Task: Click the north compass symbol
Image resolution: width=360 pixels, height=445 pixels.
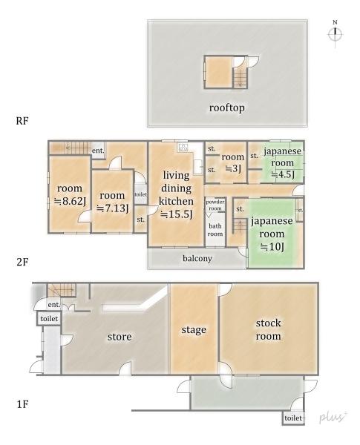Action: [x=336, y=35]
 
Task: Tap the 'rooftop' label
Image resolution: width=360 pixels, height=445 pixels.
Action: [x=226, y=108]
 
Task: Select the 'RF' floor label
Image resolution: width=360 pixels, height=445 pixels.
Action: [x=22, y=119]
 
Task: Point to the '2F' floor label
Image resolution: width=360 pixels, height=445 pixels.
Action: [x=21, y=261]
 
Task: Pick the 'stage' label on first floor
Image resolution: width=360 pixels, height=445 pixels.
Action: [x=193, y=329]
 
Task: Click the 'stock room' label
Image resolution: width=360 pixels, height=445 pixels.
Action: [x=269, y=330]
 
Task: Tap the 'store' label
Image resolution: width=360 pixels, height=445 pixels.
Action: [x=119, y=337]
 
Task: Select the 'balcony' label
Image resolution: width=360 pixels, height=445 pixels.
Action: [x=197, y=259]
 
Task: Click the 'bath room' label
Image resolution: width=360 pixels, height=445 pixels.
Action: [x=215, y=230]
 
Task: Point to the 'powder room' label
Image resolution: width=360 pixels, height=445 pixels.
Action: [x=215, y=205]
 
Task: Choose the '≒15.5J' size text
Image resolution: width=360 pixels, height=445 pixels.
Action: [x=177, y=215]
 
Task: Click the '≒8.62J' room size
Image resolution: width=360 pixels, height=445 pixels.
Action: [x=69, y=201]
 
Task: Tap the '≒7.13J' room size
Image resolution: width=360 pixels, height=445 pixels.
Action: [x=113, y=208]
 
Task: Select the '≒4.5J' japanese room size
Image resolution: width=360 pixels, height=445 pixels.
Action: [x=283, y=175]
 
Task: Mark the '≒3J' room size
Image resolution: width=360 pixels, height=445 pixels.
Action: [x=233, y=168]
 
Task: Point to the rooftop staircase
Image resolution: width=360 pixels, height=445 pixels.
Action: [x=240, y=74]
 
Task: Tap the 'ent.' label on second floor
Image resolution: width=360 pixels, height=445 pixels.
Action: [x=97, y=151]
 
